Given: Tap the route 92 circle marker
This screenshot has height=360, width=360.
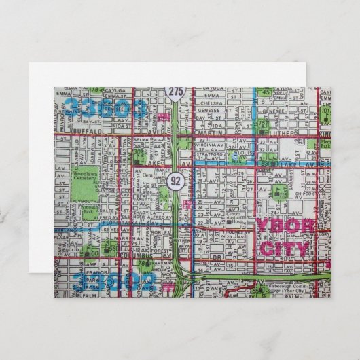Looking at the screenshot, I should [175, 181].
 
